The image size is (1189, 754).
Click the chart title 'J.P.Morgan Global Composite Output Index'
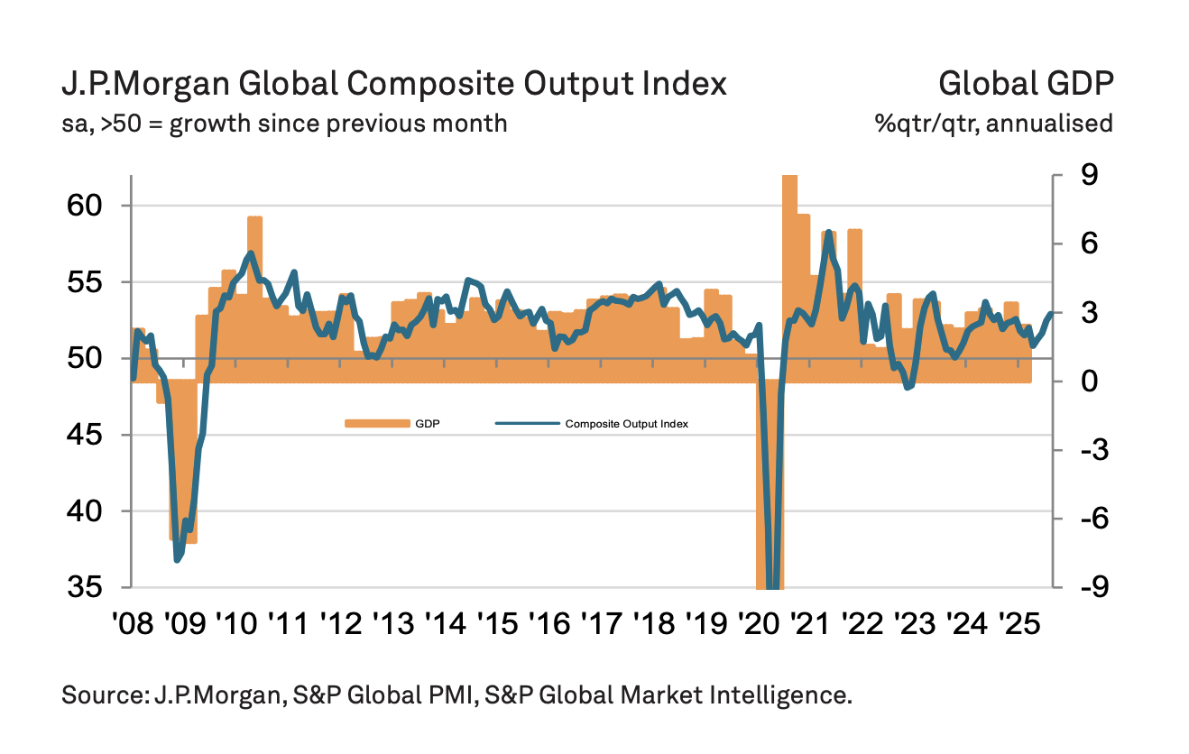(x=393, y=84)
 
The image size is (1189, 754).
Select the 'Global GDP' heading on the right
(x=1026, y=84)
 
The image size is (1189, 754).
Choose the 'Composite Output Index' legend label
(x=626, y=423)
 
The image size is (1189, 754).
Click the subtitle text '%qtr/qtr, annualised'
(x=993, y=123)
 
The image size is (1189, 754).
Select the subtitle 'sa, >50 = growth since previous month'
(x=284, y=123)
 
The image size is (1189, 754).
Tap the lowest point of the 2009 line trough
(x=178, y=560)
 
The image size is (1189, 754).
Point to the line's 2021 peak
(x=828, y=233)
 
